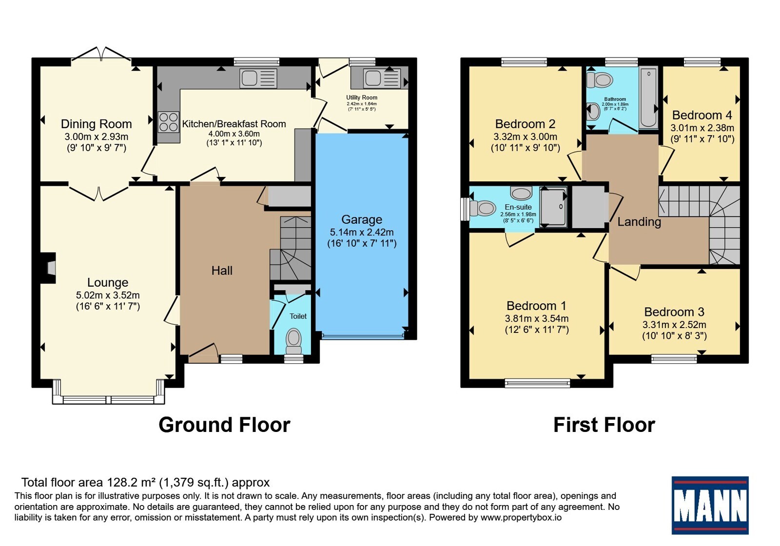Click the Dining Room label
(96, 124)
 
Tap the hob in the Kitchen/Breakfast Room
(169, 122)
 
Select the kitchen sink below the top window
(258, 78)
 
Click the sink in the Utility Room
(382, 78)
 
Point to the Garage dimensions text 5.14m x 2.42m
(362, 232)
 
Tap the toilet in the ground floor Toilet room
(294, 342)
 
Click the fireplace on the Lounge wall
(49, 268)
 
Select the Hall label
(222, 271)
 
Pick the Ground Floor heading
(224, 425)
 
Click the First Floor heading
(604, 425)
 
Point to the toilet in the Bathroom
(599, 80)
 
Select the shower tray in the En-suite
(553, 207)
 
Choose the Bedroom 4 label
(702, 115)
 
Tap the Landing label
(639, 222)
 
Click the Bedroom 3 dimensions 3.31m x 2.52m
(674, 325)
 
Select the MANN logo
(710, 505)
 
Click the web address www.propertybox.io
(521, 517)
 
